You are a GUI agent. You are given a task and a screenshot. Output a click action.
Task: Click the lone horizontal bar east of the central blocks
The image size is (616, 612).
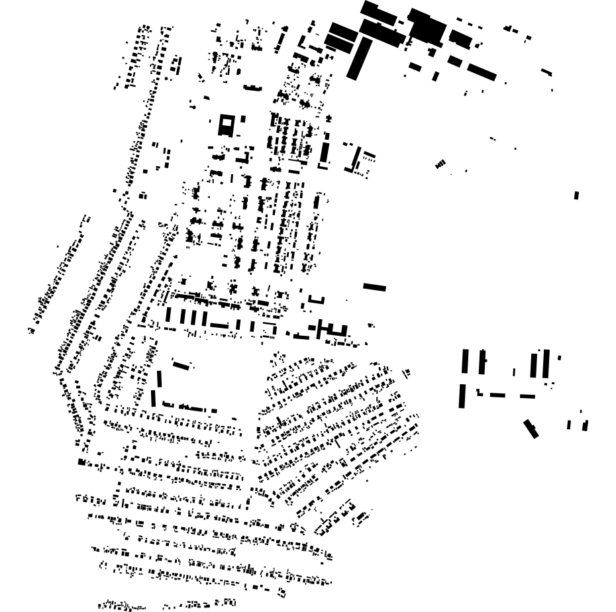coord(374,287)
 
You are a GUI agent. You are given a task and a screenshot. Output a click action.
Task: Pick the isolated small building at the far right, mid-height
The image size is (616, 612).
coord(576,195)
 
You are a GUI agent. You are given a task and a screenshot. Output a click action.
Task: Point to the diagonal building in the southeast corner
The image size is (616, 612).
coord(531,428)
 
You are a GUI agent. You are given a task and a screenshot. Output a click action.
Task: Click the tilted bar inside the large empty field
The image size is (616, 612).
coord(181,364)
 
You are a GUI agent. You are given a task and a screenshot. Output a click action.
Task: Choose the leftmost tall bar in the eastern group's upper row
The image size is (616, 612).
coord(465,361)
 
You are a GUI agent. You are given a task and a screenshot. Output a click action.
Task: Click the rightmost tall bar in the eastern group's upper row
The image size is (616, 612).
coord(546,364)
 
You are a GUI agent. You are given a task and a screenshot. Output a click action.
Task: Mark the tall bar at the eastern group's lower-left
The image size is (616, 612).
coord(462,396)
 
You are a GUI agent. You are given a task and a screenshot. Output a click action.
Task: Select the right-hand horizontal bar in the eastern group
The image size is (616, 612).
coord(527,396)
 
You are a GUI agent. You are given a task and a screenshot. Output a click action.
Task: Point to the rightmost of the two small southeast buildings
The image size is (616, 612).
coord(585,425)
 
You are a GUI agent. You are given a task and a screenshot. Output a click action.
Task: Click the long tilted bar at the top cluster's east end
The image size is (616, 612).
coord(482,72)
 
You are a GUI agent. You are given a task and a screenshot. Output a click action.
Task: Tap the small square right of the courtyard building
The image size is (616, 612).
coord(243,119)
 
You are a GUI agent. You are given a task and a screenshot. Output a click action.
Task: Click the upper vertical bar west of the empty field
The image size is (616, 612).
coord(159,379)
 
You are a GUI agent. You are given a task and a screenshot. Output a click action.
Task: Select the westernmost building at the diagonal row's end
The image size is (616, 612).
coord(30,329)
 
